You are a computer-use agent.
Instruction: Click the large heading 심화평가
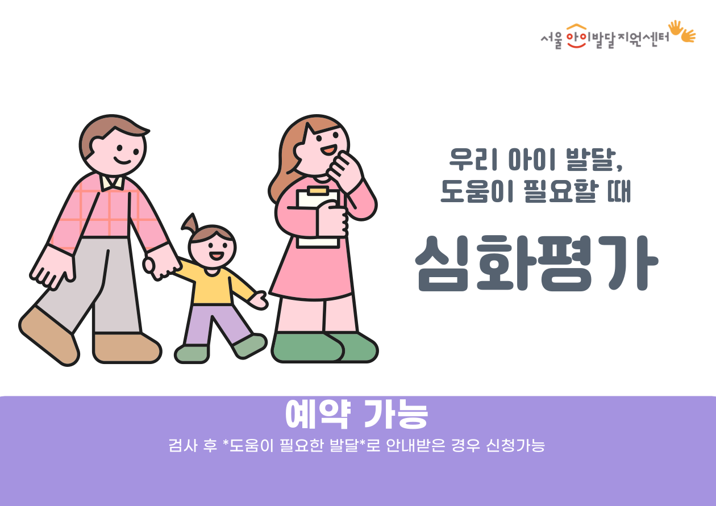536,263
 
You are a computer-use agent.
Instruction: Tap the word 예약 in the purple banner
318,414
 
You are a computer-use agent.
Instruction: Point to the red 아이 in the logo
577,37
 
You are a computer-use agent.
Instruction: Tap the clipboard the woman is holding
318,218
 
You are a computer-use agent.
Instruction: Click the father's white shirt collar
111,182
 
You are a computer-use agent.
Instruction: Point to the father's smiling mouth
123,161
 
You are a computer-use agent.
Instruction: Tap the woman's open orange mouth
328,149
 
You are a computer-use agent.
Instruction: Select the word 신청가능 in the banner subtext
515,446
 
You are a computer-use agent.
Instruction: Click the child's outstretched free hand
259,300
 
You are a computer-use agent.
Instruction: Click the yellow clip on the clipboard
318,191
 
